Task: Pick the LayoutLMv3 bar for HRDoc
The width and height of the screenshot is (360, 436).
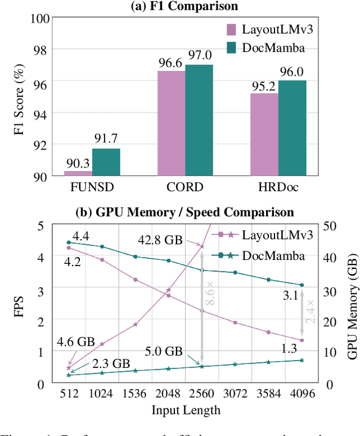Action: [264, 134]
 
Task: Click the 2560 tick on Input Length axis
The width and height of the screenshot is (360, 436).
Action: [202, 392]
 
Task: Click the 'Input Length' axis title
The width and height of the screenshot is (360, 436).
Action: [186, 409]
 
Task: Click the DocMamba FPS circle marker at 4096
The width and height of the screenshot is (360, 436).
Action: [301, 285]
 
